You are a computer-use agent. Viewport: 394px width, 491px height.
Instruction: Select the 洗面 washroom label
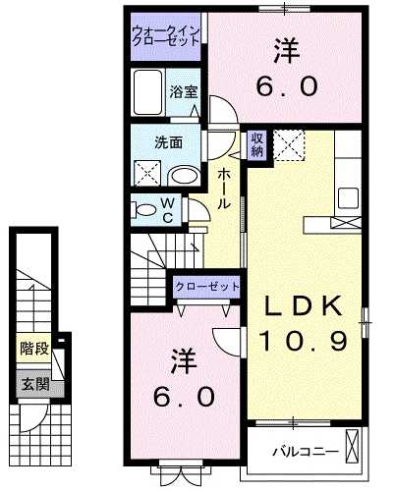coord(168,141)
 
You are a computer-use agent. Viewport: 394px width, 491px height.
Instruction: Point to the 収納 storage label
coord(255,143)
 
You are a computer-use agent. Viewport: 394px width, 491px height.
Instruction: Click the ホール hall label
coord(225,187)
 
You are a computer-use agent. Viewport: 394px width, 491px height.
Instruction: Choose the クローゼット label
coord(207,286)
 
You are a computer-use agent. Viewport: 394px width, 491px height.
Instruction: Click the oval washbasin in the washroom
coord(184,175)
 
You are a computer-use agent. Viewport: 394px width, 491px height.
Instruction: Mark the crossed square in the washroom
coord(147,173)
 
